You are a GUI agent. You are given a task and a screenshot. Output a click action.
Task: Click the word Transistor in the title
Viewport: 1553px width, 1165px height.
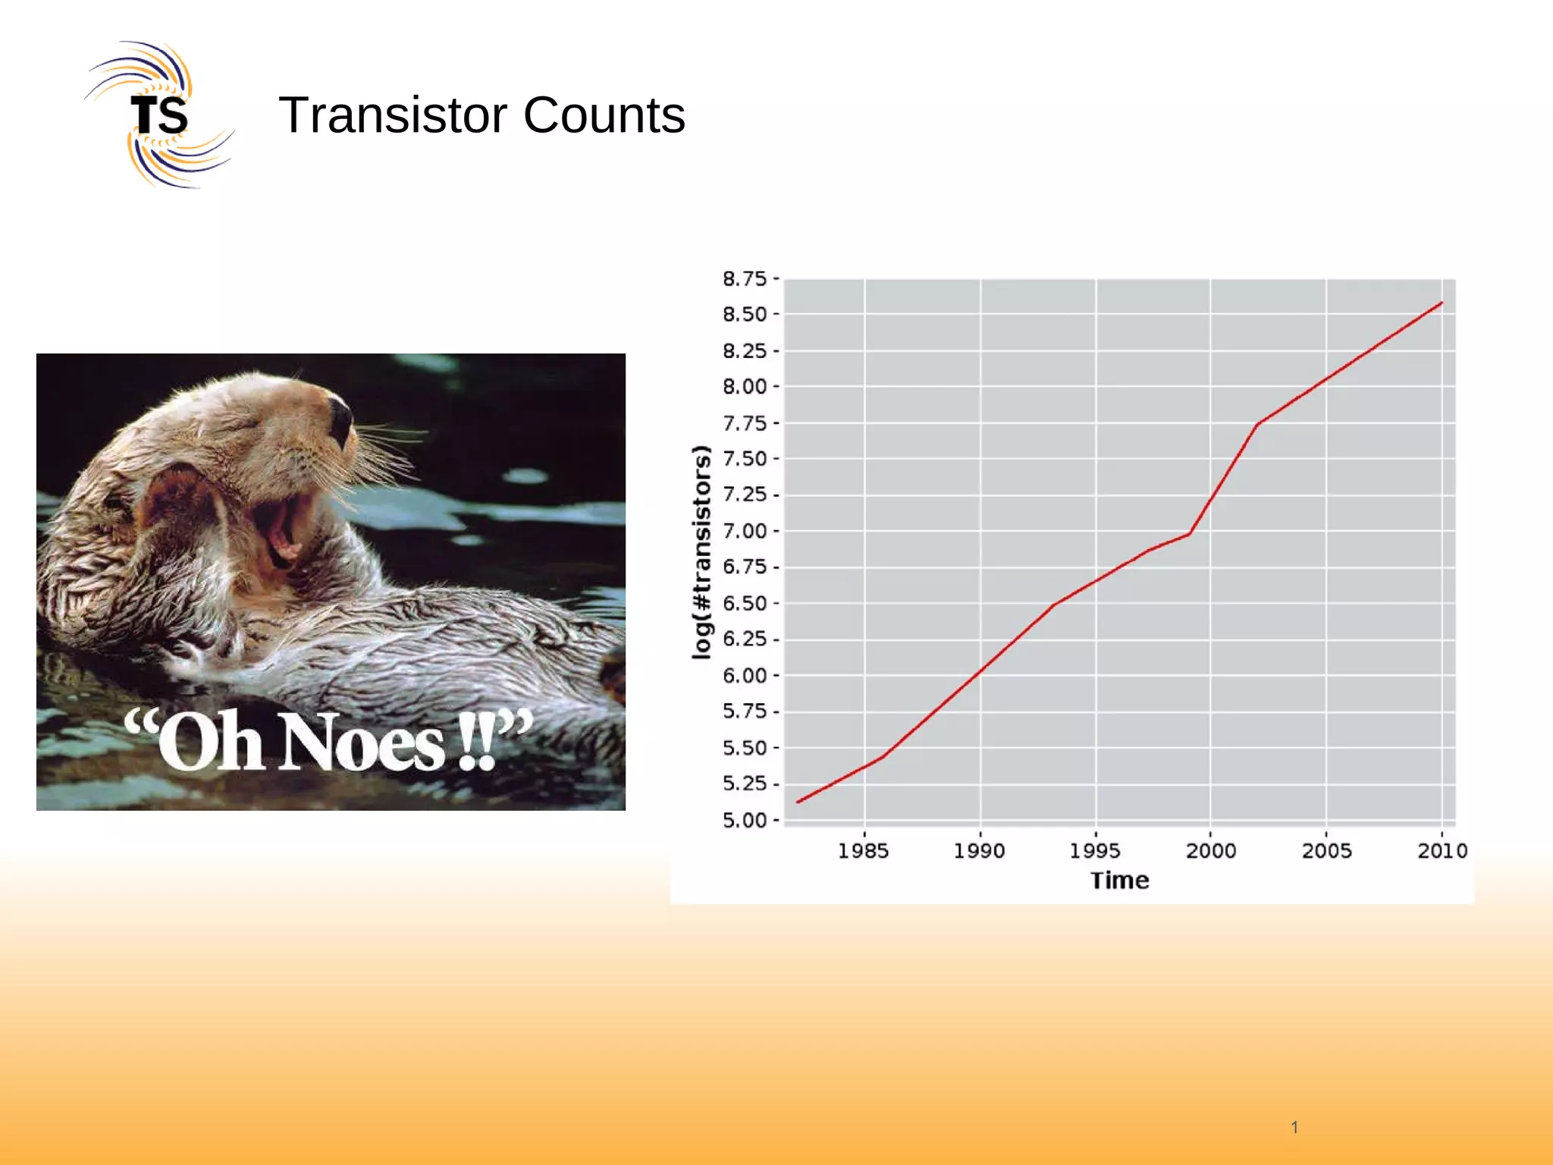(x=393, y=115)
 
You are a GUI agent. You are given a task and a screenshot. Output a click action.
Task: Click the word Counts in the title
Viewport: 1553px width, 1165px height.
(x=604, y=115)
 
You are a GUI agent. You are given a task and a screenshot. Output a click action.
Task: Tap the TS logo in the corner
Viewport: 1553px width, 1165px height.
(x=159, y=115)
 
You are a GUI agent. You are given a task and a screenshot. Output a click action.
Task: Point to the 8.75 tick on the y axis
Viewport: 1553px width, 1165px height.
(x=744, y=279)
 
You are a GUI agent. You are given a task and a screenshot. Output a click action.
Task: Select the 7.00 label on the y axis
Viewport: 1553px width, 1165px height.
(x=744, y=531)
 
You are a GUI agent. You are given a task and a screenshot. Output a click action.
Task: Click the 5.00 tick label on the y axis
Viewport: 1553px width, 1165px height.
(x=744, y=820)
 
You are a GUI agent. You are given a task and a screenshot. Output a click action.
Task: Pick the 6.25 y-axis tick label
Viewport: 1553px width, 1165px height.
(x=744, y=639)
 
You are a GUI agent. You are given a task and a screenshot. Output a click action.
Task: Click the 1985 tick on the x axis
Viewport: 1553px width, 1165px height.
(x=863, y=850)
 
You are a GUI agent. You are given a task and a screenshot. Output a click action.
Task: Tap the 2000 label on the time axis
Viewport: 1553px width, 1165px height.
(x=1210, y=850)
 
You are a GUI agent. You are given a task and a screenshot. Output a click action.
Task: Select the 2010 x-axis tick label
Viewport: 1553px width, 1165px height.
(x=1442, y=850)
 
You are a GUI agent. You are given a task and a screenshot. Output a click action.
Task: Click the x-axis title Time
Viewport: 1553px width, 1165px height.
(x=1119, y=881)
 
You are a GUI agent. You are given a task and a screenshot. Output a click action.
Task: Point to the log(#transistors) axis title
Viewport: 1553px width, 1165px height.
(x=702, y=551)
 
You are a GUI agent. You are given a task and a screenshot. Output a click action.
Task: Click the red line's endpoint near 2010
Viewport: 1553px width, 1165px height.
(x=1442, y=303)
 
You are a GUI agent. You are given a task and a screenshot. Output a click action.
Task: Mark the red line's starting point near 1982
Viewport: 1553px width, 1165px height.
(x=798, y=802)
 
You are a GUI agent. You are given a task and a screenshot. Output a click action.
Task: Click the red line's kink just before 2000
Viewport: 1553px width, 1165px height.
(x=1189, y=534)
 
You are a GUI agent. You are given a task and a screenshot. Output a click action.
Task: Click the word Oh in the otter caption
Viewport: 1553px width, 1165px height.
(x=210, y=742)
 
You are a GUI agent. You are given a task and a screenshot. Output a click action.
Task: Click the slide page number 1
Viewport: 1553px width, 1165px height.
(x=1294, y=1127)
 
